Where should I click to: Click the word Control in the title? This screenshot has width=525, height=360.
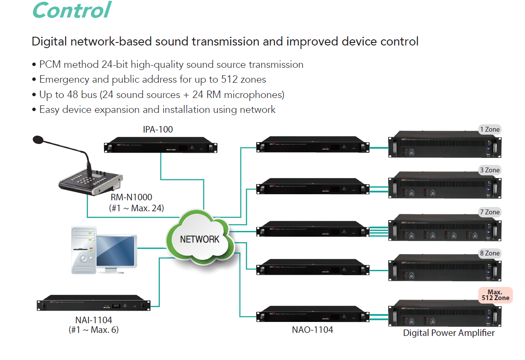pyautogui.click(x=71, y=10)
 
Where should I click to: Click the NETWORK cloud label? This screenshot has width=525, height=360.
pyautogui.click(x=200, y=239)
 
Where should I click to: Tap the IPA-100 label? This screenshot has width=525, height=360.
pyautogui.click(x=158, y=129)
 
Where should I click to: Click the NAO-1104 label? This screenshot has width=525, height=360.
pyautogui.click(x=312, y=330)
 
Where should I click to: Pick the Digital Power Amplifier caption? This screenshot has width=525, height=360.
pyautogui.click(x=449, y=333)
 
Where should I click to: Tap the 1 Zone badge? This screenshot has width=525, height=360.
pyautogui.click(x=489, y=129)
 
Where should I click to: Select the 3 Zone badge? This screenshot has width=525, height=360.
pyautogui.click(x=489, y=170)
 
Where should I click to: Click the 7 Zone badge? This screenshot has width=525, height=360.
pyautogui.click(x=489, y=212)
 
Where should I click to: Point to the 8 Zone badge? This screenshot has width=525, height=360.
pyautogui.click(x=489, y=253)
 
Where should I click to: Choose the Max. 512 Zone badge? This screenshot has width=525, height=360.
pyautogui.click(x=495, y=295)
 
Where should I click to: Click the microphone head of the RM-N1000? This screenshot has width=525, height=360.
pyautogui.click(x=39, y=140)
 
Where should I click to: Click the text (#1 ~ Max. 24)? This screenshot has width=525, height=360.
pyautogui.click(x=136, y=208)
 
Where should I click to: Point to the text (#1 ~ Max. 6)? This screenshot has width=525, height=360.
pyautogui.click(x=94, y=330)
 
